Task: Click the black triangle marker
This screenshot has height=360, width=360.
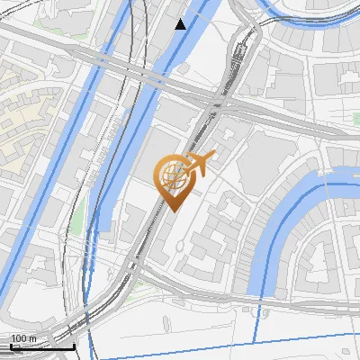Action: tap(181, 24)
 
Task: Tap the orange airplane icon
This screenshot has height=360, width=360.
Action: tap(202, 164)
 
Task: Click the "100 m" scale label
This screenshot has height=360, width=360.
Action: tap(23, 337)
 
